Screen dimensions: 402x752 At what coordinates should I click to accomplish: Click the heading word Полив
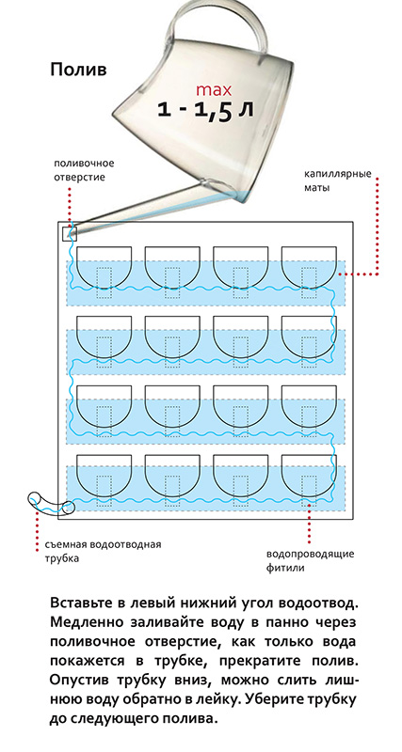tap(78, 70)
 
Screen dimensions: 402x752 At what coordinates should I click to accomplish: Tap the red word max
tap(214, 89)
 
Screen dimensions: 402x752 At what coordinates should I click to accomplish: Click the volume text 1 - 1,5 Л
tap(205, 111)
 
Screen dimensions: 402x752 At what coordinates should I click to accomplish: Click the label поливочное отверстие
tap(84, 170)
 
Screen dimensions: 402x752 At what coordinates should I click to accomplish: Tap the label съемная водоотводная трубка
tap(104, 552)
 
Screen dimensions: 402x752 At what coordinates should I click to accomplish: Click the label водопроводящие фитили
tap(311, 560)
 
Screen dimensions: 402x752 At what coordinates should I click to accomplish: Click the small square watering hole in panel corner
tap(70, 234)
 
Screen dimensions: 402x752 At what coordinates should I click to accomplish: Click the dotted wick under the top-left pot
tap(105, 283)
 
